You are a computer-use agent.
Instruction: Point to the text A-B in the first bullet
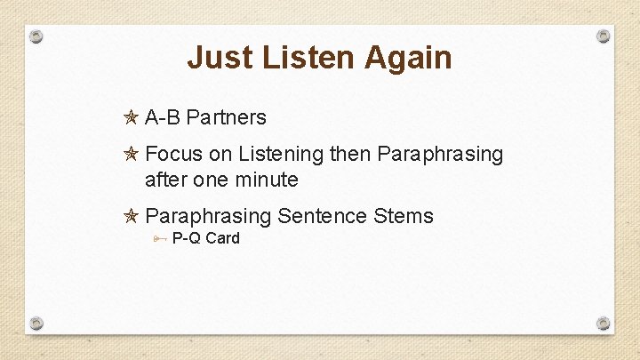[163, 117]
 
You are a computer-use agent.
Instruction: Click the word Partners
[227, 117]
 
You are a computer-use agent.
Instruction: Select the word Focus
[173, 155]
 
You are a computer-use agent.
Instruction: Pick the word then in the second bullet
[350, 155]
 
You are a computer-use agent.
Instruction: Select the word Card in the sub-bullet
[222, 238]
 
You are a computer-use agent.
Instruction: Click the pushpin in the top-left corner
[36, 37]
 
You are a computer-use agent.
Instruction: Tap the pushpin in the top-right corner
[603, 36]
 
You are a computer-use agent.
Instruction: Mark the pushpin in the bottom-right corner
[603, 322]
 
